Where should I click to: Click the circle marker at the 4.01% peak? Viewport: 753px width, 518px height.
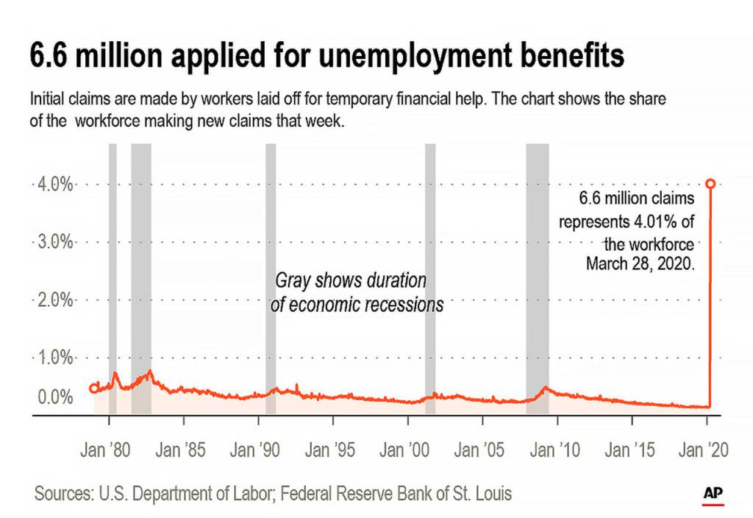(x=710, y=183)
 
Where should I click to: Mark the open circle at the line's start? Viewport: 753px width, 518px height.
(x=93, y=388)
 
